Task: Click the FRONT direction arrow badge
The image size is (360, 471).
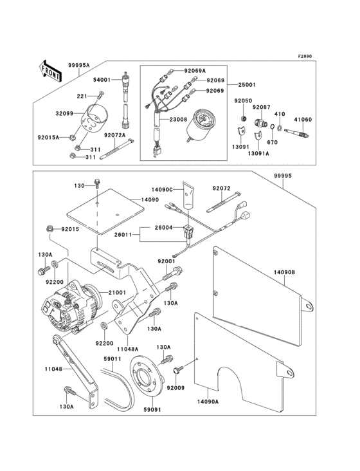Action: [51, 69]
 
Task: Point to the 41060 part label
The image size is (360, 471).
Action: [303, 119]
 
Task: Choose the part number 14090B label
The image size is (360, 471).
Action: [285, 273]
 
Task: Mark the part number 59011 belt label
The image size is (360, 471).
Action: [113, 359]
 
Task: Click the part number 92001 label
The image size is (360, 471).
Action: [167, 261]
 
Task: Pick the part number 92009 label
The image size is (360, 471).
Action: [175, 388]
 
